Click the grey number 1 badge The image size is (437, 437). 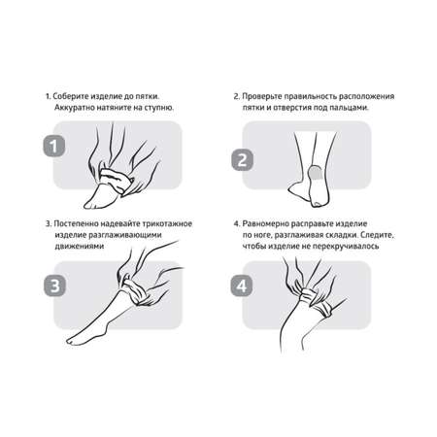pos(54,146)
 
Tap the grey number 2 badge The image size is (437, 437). pos(242,159)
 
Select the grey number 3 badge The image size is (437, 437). pos(54,286)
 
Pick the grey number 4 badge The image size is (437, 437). pos(242,286)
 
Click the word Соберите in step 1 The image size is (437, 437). pos(70,96)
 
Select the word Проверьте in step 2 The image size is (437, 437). pos(261,96)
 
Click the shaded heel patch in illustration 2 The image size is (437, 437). pos(315,172)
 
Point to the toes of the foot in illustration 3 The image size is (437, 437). pos(73,341)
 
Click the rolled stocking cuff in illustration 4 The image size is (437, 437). pos(317,300)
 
